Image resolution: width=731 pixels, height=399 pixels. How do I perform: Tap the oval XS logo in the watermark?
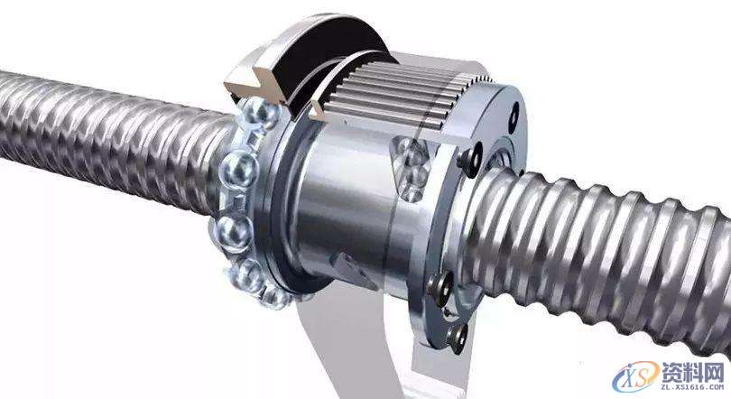636,376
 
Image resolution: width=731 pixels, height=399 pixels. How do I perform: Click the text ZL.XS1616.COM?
693,387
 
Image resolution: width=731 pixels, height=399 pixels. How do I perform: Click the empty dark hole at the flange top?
514,112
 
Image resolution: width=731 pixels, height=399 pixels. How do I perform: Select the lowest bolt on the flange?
458,337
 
